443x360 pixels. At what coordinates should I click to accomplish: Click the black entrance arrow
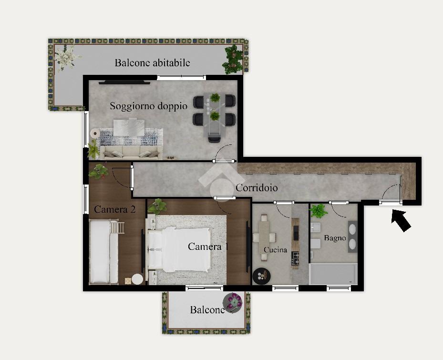click(x=401, y=220)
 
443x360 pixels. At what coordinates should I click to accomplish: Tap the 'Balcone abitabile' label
click(x=152, y=63)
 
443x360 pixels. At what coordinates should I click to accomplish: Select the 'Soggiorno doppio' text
click(x=149, y=106)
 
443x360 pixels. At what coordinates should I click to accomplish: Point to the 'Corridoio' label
click(x=257, y=188)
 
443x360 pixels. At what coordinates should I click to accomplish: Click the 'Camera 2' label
click(x=115, y=209)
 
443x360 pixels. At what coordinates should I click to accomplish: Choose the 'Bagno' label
click(x=335, y=238)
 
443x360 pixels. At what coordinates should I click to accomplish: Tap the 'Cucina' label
click(x=275, y=250)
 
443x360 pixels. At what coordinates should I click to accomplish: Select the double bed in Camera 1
click(x=179, y=249)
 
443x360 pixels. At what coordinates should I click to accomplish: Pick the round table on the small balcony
click(x=233, y=303)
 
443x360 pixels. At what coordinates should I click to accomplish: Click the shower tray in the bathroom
click(x=333, y=274)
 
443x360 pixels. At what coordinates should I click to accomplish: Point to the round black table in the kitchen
click(x=262, y=276)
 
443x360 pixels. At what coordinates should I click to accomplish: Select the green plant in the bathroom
click(x=319, y=211)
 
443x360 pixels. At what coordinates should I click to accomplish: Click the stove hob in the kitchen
click(x=295, y=258)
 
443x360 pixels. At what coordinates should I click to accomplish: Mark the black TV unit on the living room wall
click(x=124, y=82)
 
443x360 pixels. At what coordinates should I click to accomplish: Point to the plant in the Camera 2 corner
click(x=98, y=171)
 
